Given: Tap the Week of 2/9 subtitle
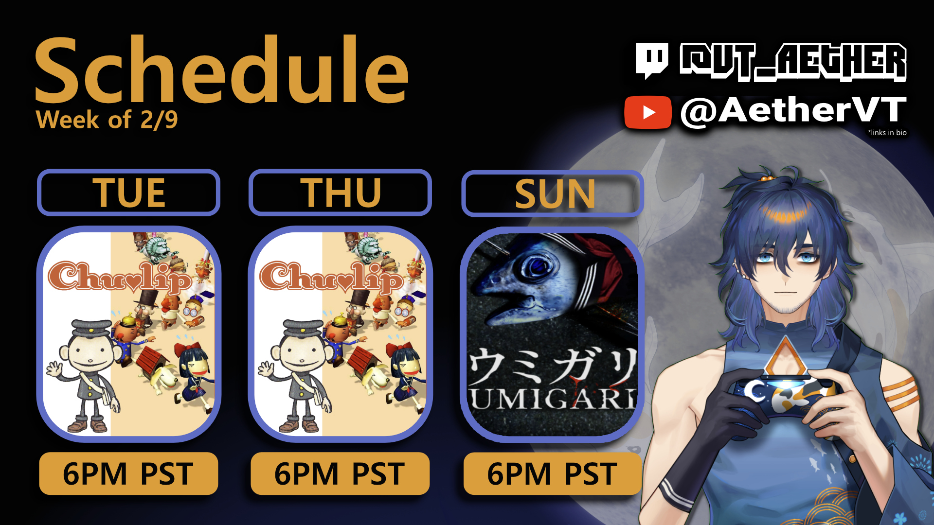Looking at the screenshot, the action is coord(107,120).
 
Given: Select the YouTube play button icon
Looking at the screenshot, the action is coord(648,112).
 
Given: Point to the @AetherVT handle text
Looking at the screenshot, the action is coord(793,111).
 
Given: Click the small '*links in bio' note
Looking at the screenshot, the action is coord(887,133).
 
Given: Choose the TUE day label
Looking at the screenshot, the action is coord(129,193).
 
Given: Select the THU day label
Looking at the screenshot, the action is coord(341,193).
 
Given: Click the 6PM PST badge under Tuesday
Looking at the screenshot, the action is coord(128,473).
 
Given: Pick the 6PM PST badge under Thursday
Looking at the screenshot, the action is coord(340,473).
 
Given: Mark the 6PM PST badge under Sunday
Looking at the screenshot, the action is coord(553,473).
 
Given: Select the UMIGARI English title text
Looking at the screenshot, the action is coord(553,399).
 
